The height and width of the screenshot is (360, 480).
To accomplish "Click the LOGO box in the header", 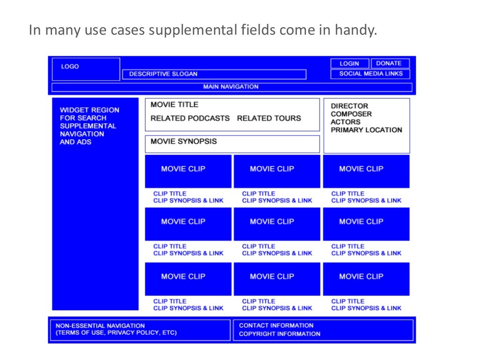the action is click(86, 69).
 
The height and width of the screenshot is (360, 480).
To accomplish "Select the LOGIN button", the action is click(349, 64).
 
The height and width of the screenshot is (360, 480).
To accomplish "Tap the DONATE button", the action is click(390, 63).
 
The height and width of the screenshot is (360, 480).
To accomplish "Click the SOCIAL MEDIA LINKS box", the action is click(370, 74).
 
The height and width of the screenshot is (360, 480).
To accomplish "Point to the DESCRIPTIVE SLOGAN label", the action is click(163, 74).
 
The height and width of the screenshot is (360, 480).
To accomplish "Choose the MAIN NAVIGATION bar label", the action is click(231, 87).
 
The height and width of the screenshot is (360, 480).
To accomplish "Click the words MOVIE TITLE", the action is click(174, 105).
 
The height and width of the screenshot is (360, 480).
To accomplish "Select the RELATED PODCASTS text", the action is click(190, 118).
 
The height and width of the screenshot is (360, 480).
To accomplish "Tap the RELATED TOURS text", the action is click(269, 118).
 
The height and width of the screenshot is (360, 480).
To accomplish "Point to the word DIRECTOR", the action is click(349, 106).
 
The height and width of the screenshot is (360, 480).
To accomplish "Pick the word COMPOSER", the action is click(351, 114).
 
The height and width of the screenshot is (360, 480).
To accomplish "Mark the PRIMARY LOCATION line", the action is click(366, 130).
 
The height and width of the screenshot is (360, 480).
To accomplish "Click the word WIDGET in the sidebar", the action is click(73, 110).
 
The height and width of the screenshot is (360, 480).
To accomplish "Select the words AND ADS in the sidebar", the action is click(75, 142).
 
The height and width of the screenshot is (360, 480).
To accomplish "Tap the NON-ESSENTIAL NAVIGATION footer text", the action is click(100, 325).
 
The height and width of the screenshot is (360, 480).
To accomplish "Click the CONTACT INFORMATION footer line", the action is click(276, 325).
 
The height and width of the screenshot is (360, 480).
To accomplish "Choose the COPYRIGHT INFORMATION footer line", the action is click(279, 334).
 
